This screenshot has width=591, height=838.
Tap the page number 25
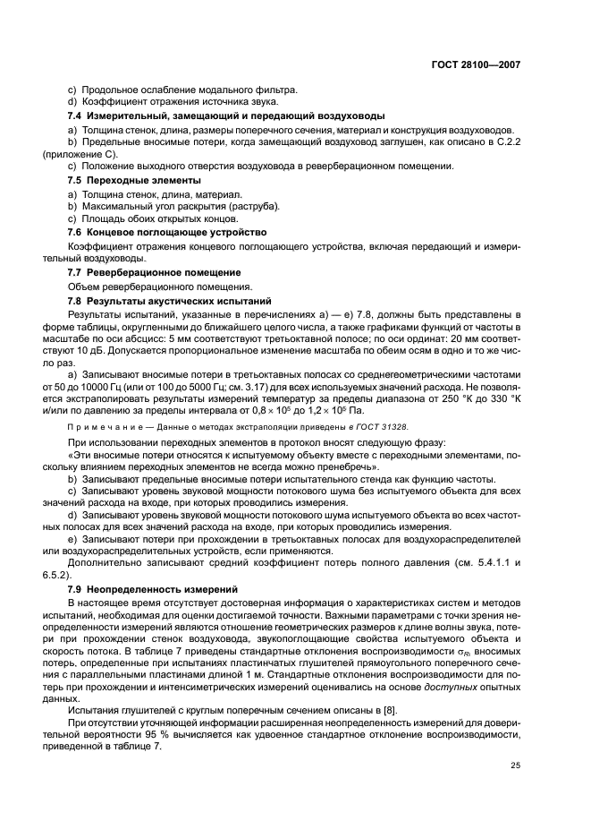coord(515,763)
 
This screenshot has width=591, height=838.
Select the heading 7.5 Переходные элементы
coord(135,181)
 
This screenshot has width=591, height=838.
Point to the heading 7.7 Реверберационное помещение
coord(156,271)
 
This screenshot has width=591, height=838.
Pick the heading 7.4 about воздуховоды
coord(227,115)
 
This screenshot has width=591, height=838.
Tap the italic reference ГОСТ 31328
coord(383,426)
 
